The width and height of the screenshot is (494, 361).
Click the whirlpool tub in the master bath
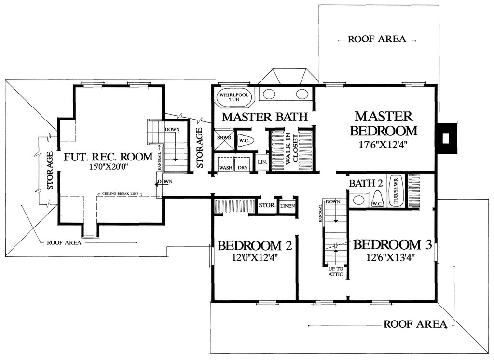coord(233,97)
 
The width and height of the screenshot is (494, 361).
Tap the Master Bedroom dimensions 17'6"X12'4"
coord(384,145)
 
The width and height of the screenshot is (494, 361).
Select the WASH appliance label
coord(226,168)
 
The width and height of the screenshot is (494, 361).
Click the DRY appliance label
coord(243,168)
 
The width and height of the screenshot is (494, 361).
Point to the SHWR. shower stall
coord(225,139)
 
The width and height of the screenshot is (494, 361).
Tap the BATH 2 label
coord(366,183)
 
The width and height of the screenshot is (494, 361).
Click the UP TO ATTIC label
coord(336,272)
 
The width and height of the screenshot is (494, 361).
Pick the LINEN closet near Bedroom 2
coord(288,206)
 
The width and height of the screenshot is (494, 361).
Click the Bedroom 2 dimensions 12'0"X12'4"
coord(255,258)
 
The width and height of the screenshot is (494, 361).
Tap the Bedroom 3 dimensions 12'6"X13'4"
coord(390,258)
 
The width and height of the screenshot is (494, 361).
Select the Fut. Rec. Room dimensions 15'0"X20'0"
coord(108,167)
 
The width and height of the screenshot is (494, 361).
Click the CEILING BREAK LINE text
coord(120,194)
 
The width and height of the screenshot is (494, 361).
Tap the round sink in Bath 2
coord(358,200)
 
